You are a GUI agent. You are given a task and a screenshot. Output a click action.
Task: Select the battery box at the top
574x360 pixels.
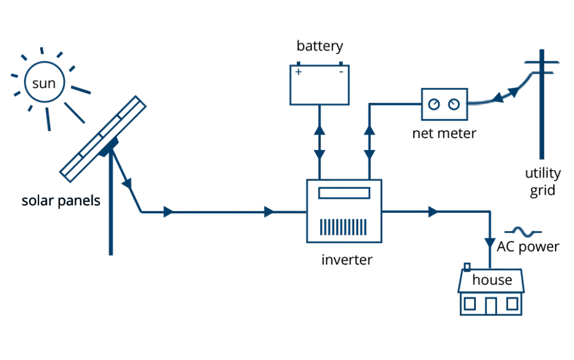point(319,84)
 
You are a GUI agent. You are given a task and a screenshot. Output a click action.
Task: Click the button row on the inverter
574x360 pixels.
point(344,226)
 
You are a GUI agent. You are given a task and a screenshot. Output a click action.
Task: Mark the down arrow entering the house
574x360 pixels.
point(489,242)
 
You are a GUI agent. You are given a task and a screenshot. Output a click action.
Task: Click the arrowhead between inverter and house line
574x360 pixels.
point(431,212)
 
